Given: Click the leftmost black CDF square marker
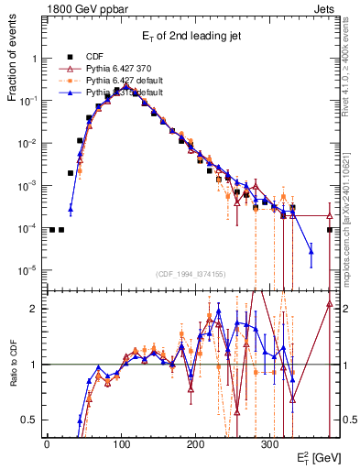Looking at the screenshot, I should tap(52, 230).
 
